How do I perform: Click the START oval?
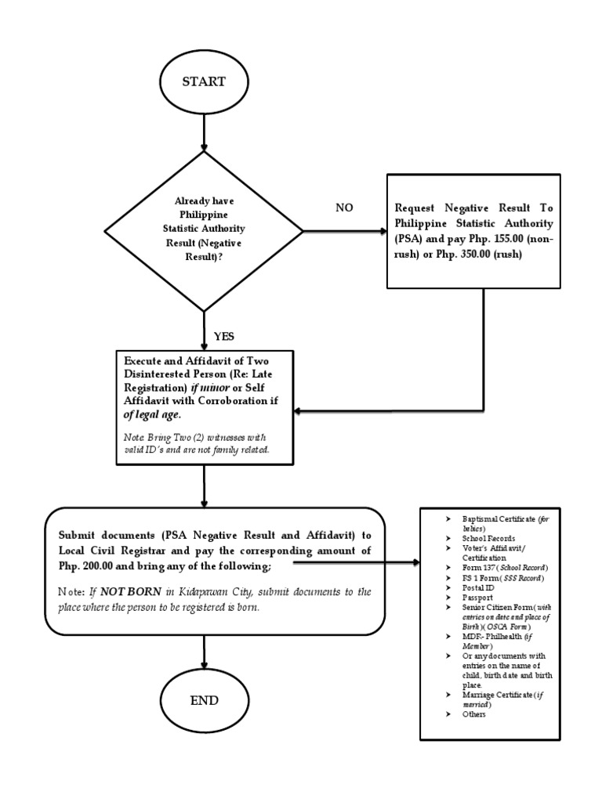[x=204, y=81]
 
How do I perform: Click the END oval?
[x=204, y=700]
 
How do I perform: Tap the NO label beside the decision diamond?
[x=345, y=208]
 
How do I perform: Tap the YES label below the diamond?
[x=223, y=336]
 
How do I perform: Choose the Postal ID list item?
[x=477, y=587]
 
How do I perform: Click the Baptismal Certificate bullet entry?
[x=502, y=519]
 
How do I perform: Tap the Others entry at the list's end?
[x=474, y=713]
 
